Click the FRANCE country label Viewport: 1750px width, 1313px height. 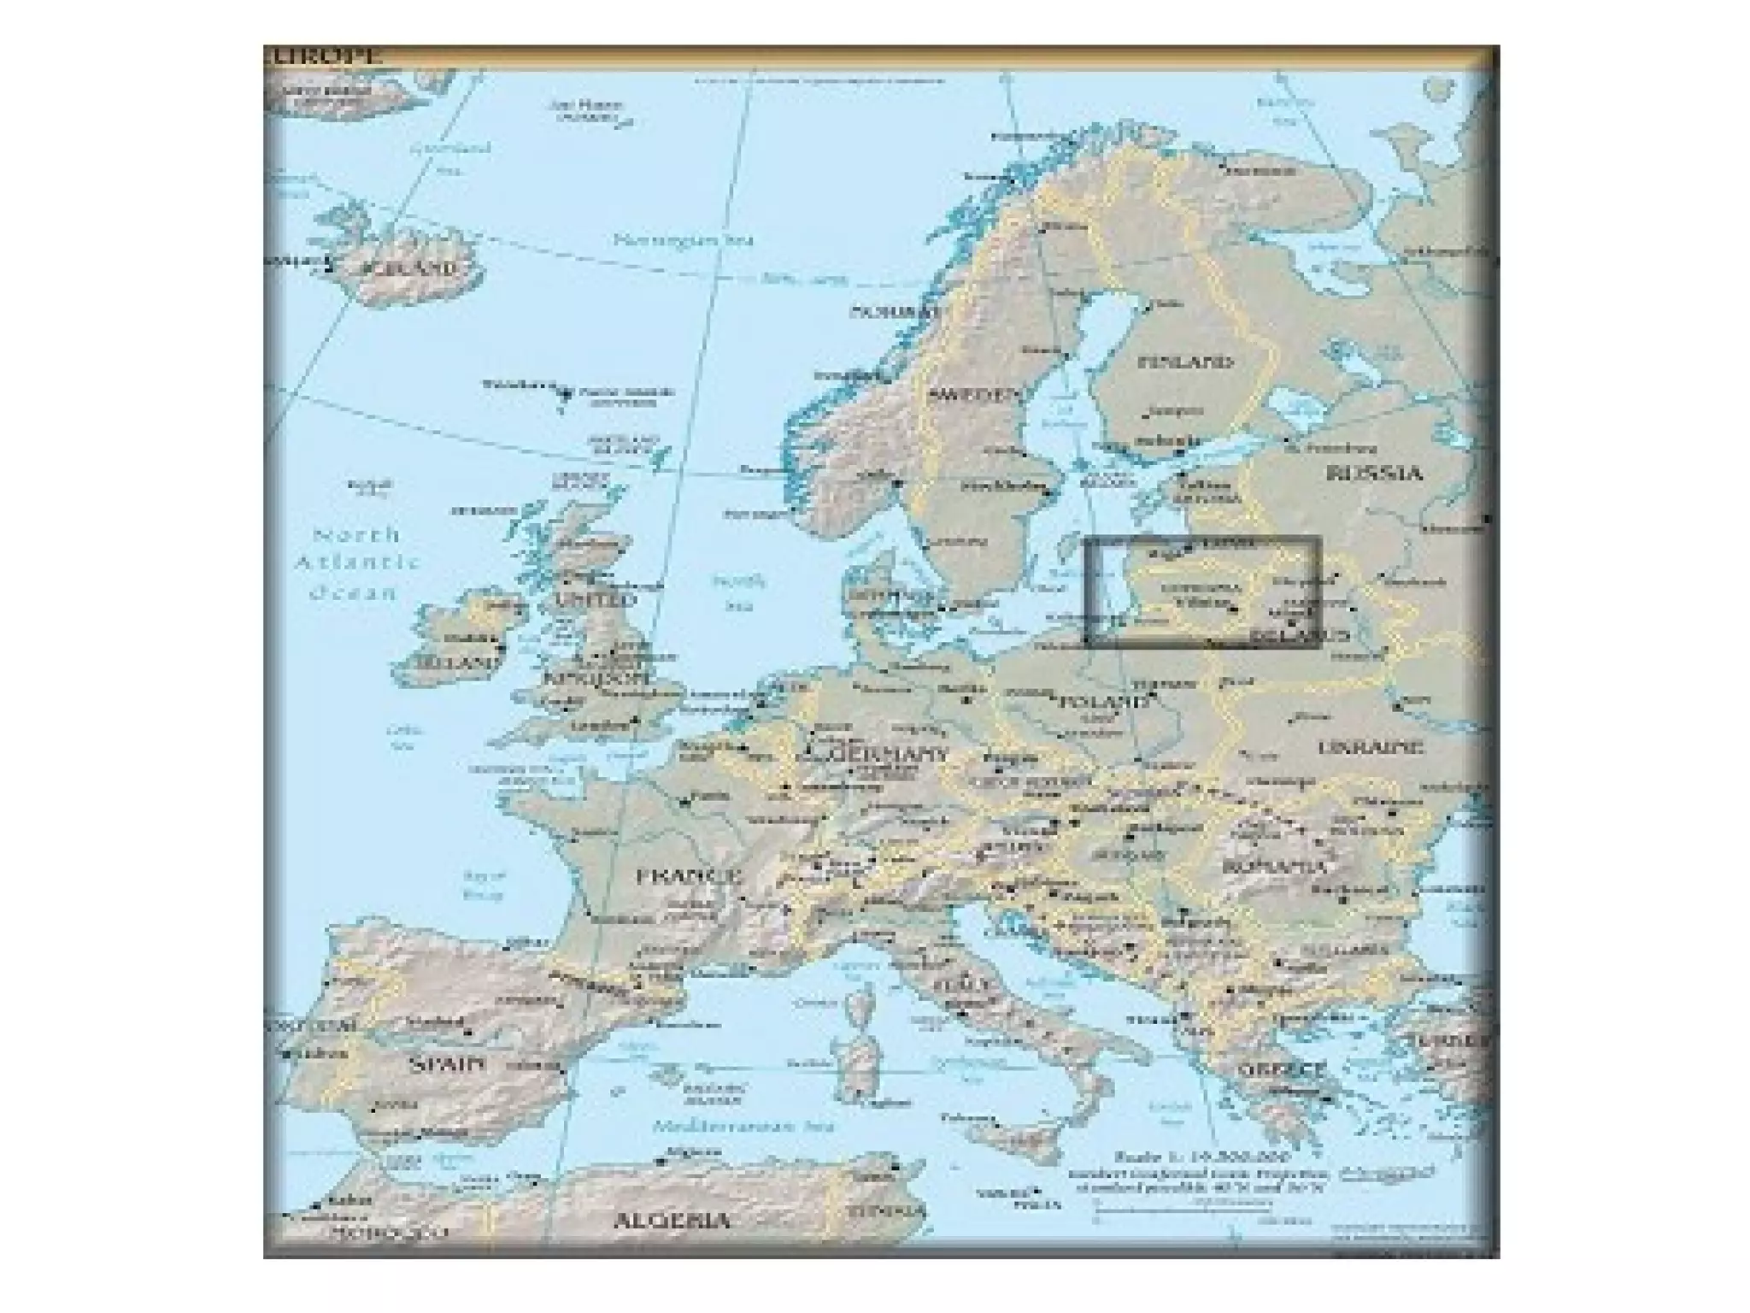coord(689,876)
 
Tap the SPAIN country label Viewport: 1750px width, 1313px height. coord(447,1064)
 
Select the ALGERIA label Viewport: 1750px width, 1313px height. coord(672,1220)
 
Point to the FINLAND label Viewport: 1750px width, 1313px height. coord(1185,362)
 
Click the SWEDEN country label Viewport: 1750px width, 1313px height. coord(974,395)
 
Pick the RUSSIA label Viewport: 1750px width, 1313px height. coord(1373,473)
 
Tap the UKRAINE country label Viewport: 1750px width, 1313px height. coord(1371,747)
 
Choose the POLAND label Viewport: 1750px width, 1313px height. coord(1103,702)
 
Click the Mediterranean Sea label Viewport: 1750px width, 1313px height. coord(743,1127)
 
